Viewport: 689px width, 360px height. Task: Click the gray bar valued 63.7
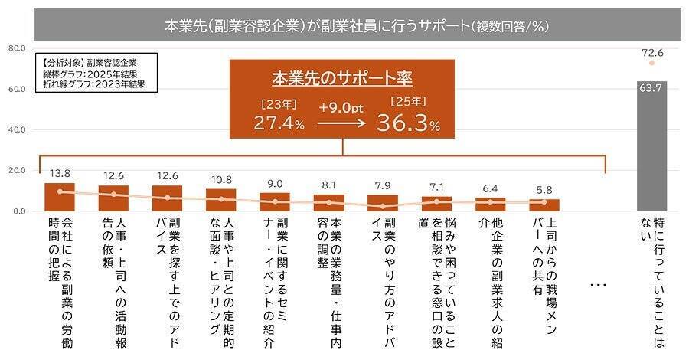(651, 146)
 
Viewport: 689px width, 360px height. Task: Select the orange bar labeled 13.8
(60, 197)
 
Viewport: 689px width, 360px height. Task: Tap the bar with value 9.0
(274, 201)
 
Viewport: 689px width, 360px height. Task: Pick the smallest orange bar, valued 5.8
(544, 205)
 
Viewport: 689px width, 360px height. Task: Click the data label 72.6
(651, 53)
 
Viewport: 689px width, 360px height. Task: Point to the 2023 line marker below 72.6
(651, 64)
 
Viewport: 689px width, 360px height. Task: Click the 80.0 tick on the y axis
(16, 48)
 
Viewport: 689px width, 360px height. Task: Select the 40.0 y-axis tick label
(16, 129)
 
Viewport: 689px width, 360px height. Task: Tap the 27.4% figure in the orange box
(279, 123)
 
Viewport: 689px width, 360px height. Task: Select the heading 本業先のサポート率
(342, 79)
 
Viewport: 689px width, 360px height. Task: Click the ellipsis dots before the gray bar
(599, 285)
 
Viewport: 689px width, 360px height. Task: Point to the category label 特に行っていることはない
(651, 280)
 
